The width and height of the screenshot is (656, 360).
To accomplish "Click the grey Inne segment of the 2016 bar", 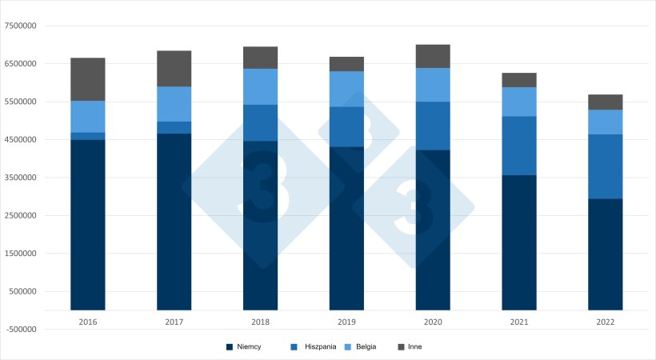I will coord(88,79).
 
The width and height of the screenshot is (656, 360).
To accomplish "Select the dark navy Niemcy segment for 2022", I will coord(606,254).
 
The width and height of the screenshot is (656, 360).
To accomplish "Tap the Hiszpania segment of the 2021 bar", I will coord(519,146).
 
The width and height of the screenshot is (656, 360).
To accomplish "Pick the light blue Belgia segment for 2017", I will coord(174,104).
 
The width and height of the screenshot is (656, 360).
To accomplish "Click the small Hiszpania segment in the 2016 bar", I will coord(88,136).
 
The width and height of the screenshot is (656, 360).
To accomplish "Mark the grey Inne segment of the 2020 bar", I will coord(433,56).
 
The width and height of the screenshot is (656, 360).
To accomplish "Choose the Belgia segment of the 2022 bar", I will coord(606,122).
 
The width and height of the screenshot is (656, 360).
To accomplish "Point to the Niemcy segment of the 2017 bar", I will coord(174,221).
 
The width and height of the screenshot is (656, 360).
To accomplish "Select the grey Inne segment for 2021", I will coord(519,80).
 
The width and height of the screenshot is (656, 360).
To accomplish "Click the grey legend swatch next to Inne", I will coord(402,347).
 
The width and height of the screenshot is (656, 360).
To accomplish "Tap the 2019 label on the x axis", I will coord(346,322).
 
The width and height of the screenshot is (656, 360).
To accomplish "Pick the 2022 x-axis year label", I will coord(606,322).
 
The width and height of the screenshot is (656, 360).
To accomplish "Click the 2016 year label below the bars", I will coord(88,322).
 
